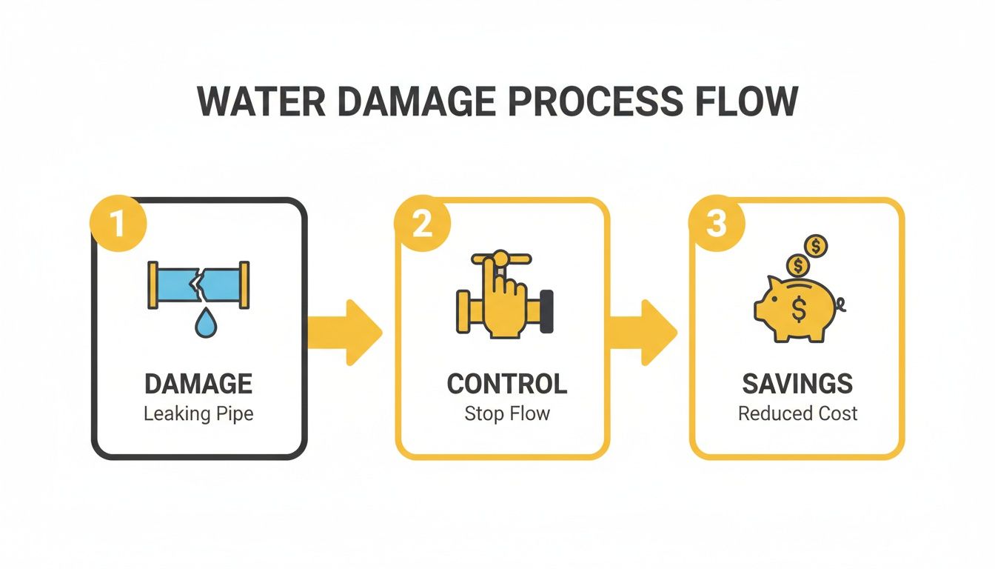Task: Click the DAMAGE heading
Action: [x=198, y=384]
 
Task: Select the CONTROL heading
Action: [x=507, y=384]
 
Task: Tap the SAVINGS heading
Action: [x=797, y=384]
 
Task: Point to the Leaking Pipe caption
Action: [x=198, y=413]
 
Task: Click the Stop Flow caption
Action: [x=507, y=413]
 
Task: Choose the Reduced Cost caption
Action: [x=797, y=413]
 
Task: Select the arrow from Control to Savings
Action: [x=643, y=332]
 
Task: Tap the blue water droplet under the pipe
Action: [x=202, y=325]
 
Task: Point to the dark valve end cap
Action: [x=547, y=310]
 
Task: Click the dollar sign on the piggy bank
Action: [x=799, y=310]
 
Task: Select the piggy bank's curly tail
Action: [x=840, y=302]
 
